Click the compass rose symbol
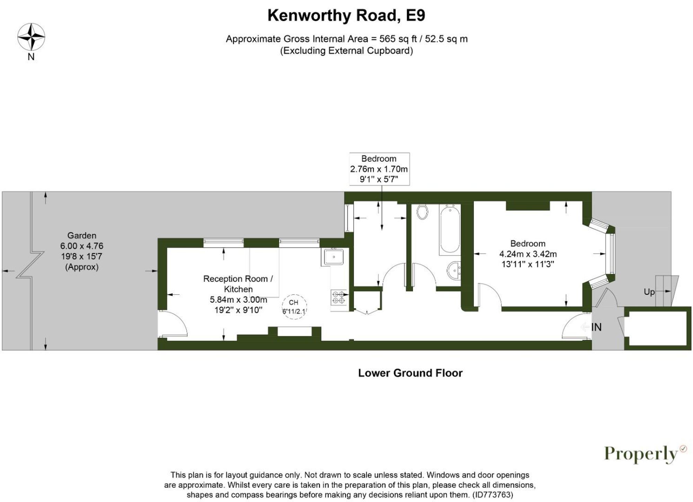click(31, 37)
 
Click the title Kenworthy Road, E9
click(346, 16)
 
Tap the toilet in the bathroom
click(422, 212)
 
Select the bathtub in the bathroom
click(449, 229)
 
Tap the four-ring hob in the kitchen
click(339, 298)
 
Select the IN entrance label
click(596, 327)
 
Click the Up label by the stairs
click(649, 292)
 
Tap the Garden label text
click(82, 236)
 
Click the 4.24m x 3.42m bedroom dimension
click(528, 254)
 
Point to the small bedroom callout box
click(379, 169)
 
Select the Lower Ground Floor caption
click(410, 373)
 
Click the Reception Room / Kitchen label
click(238, 284)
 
